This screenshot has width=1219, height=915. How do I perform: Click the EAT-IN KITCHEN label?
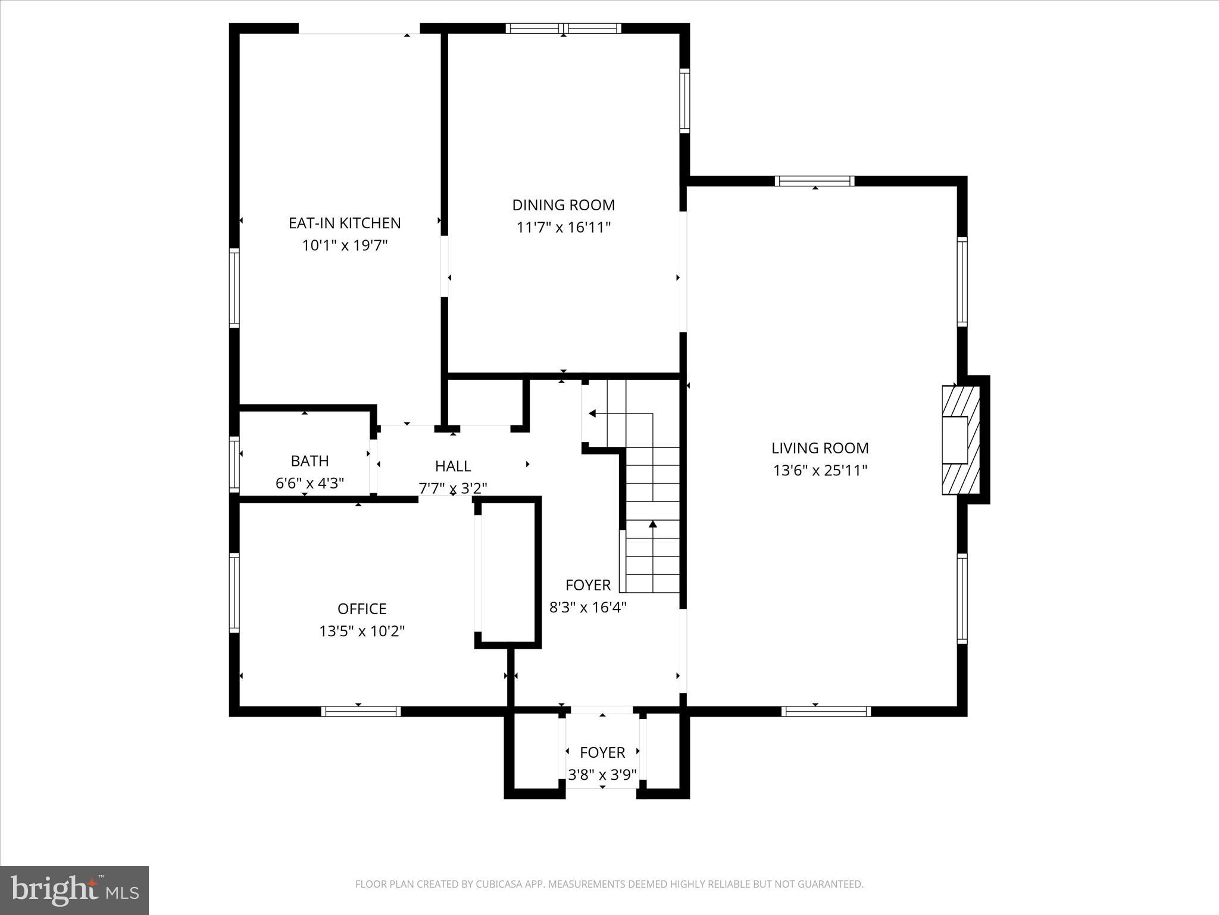(345, 223)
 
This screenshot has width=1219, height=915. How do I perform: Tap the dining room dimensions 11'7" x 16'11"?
(563, 228)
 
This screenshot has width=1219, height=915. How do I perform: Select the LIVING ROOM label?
(820, 448)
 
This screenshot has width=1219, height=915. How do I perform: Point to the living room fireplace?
(961, 440)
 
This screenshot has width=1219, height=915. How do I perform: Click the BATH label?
(310, 460)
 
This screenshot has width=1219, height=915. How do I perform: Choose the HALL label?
(452, 466)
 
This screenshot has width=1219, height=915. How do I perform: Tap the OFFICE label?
(362, 608)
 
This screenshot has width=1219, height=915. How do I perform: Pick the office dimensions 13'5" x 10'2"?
(362, 631)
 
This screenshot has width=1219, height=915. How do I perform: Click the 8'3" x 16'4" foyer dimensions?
(587, 607)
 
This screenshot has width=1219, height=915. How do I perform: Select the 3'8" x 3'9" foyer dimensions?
(602, 774)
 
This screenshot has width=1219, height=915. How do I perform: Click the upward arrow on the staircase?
(653, 524)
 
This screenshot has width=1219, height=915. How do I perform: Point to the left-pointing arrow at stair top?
(592, 413)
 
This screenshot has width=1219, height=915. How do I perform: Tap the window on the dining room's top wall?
(563, 28)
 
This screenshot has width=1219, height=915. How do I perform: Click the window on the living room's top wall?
(814, 181)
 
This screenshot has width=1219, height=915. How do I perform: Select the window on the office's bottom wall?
(361, 711)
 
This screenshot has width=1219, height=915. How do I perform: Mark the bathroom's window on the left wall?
(235, 465)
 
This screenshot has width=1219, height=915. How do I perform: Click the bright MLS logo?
(74, 890)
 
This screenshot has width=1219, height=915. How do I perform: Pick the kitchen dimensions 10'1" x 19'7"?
(345, 245)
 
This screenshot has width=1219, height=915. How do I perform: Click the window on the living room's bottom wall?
(826, 711)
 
